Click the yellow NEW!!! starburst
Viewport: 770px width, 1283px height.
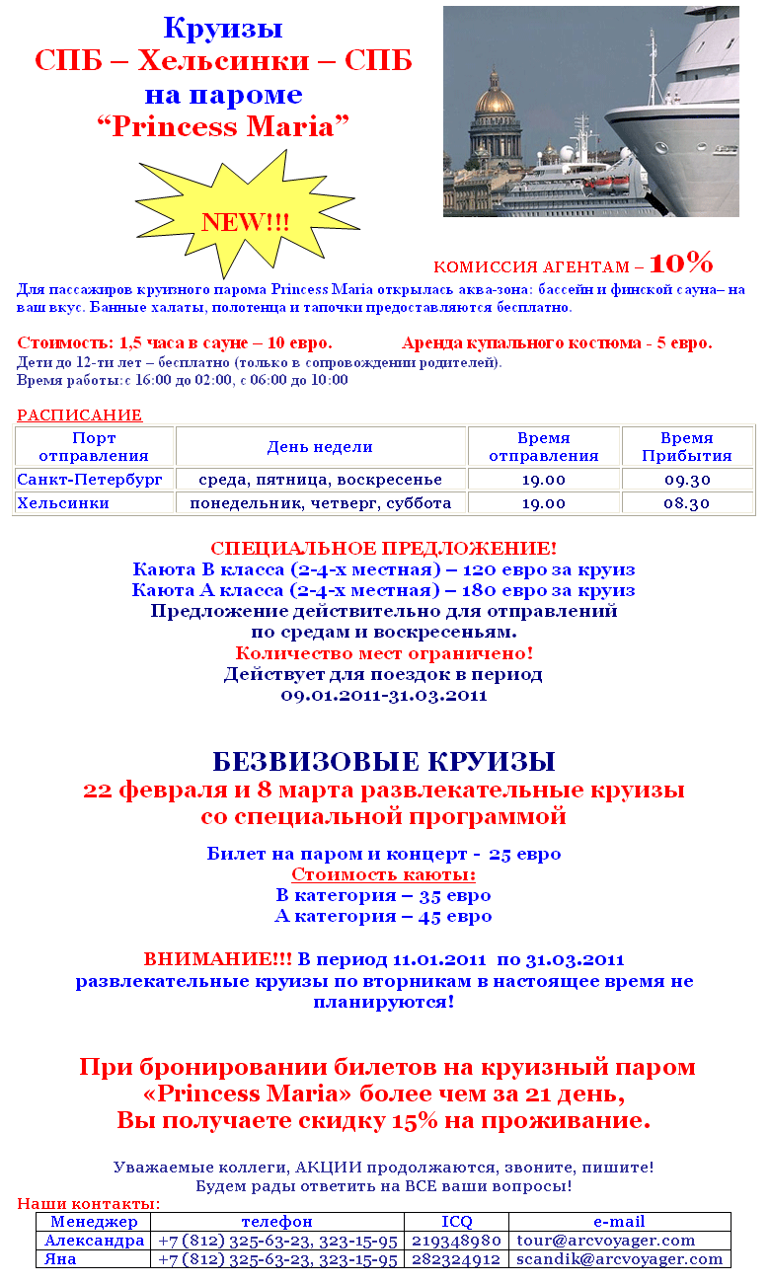click(x=245, y=219)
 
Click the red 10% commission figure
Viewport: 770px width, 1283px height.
click(x=681, y=263)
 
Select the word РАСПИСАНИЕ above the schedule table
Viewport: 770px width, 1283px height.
click(x=79, y=415)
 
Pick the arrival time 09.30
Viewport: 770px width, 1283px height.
click(x=687, y=480)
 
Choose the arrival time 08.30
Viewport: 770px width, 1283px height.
click(x=687, y=503)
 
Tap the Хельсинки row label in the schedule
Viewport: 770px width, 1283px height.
click(x=63, y=503)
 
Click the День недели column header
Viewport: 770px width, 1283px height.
click(x=320, y=447)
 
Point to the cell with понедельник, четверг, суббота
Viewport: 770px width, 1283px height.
click(x=320, y=503)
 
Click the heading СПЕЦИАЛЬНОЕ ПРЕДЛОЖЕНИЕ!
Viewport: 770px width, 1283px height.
click(x=384, y=549)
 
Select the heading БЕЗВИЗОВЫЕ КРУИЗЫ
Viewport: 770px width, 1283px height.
click(x=384, y=762)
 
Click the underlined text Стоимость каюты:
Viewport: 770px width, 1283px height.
click(x=384, y=875)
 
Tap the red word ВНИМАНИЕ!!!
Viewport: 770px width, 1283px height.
click(x=218, y=959)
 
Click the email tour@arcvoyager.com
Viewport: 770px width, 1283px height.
click(x=606, y=1241)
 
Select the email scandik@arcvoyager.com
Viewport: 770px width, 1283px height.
click(x=620, y=1259)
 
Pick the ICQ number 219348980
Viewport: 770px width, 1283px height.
click(x=457, y=1241)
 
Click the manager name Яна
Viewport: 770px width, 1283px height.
click(x=60, y=1259)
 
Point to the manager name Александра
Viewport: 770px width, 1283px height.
click(x=95, y=1241)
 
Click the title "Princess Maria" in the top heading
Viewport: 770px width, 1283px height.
click(x=223, y=127)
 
